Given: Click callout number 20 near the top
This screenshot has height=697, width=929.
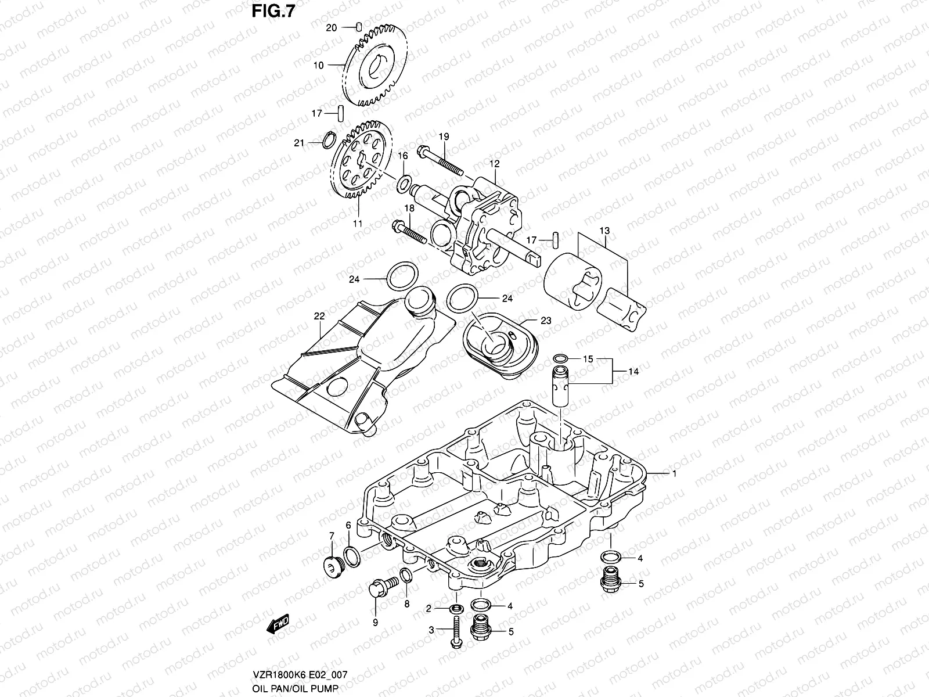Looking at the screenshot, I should (x=330, y=28).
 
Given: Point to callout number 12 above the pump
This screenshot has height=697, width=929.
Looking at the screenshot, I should (x=494, y=165).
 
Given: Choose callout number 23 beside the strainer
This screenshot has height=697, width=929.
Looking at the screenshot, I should (x=545, y=321).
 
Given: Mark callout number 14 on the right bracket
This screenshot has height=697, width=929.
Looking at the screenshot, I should (x=633, y=371).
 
